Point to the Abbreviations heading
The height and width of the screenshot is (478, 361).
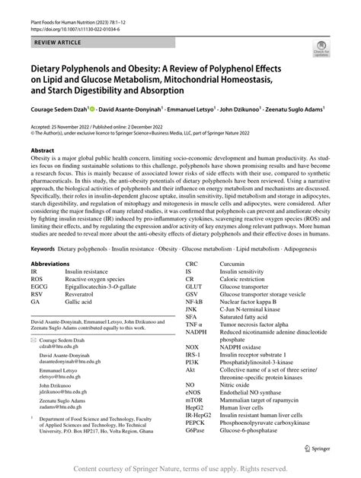point(53,263)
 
